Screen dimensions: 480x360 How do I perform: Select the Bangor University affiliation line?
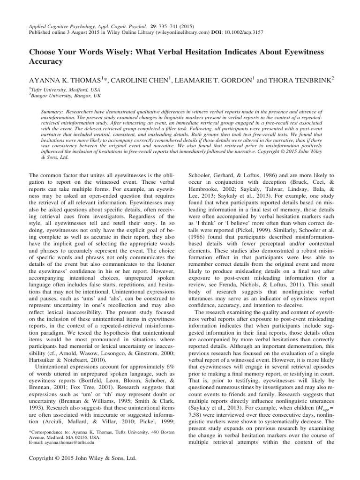pyautogui.click(x=59, y=95)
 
